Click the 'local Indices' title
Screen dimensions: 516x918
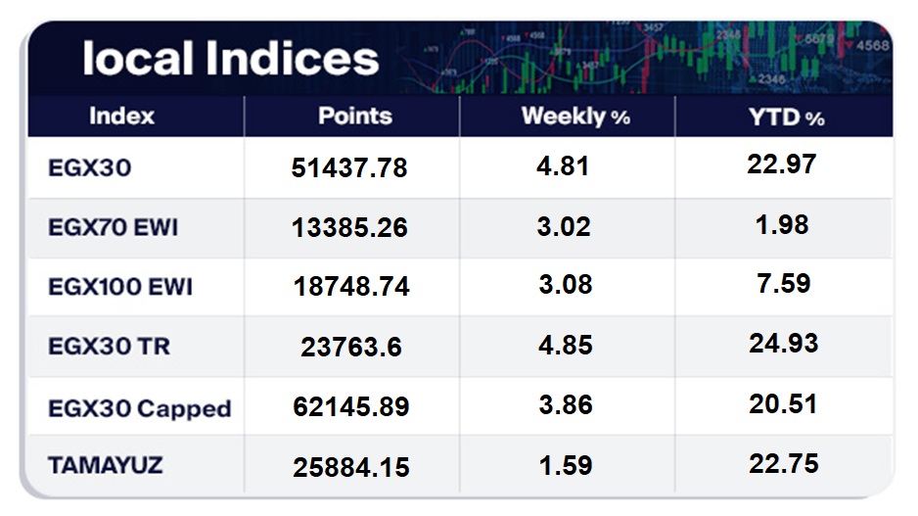coord(230,59)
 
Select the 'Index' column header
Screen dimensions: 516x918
coord(122,116)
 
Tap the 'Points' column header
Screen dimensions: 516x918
coord(354,116)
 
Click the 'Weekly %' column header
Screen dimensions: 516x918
coord(575,117)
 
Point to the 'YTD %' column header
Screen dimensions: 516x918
coord(786,117)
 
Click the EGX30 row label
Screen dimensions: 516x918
coord(89,167)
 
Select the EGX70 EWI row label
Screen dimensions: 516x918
coord(114,228)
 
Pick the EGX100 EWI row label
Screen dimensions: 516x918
coord(120,287)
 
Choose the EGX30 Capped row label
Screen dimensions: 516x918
coord(140,407)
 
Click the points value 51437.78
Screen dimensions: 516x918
coord(349,168)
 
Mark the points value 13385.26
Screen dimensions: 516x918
coord(349,228)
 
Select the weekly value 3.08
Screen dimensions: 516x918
coord(565,286)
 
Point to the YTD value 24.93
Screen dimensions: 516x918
coord(782,344)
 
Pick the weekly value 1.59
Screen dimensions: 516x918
coord(565,464)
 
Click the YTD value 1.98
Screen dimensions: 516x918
coord(782,224)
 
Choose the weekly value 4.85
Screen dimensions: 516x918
coord(565,345)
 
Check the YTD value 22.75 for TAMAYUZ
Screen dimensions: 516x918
coord(782,463)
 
